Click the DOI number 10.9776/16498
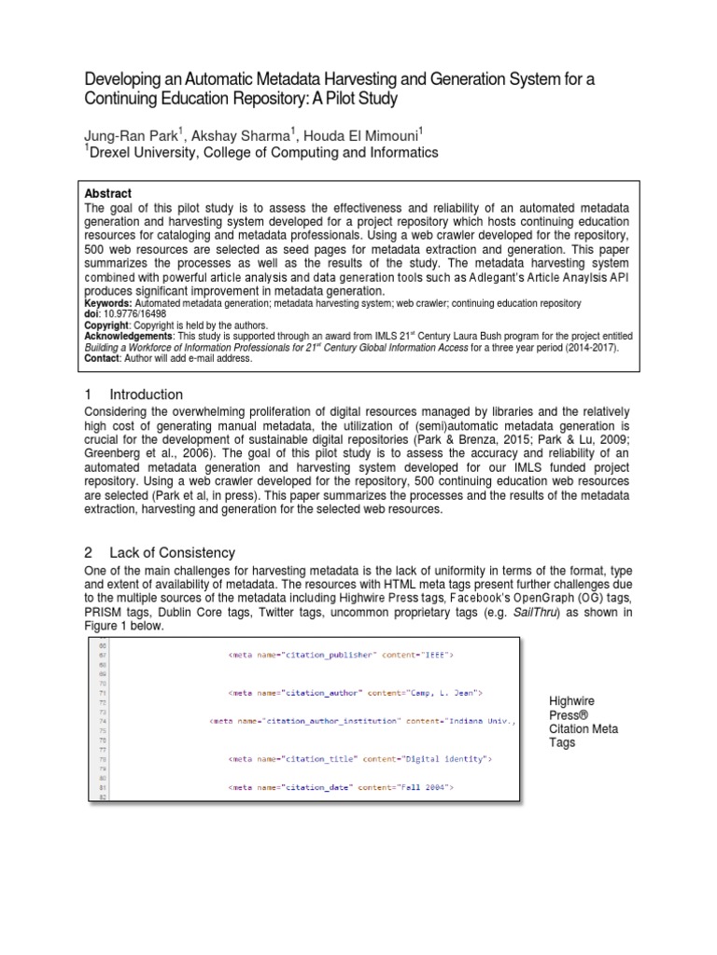(x=134, y=313)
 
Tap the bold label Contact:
(x=105, y=358)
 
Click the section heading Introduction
(x=147, y=394)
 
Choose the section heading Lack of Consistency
(x=173, y=553)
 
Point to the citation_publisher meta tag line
(x=341, y=656)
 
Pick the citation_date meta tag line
(x=341, y=789)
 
